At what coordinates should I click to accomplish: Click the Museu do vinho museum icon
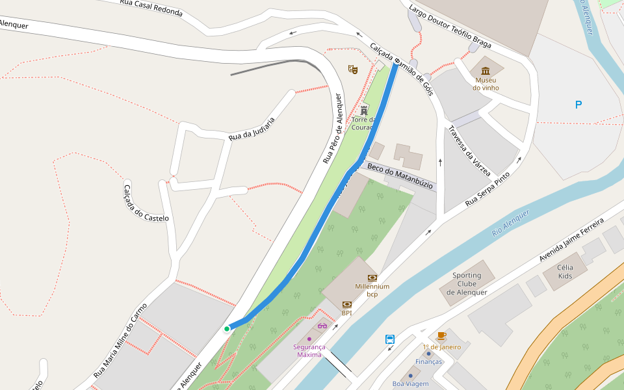[486, 70]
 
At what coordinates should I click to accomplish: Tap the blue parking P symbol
[578, 105]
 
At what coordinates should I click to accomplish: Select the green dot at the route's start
[227, 329]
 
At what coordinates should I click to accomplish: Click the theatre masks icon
[353, 68]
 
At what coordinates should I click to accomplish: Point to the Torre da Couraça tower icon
[364, 110]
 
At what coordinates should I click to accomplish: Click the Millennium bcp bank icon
[372, 278]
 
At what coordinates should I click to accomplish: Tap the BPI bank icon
[346, 304]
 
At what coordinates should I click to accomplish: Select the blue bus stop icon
[390, 339]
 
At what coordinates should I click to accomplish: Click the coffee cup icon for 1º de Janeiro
[441, 336]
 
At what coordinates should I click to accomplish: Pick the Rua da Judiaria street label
[252, 129]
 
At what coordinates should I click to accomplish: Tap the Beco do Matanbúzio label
[400, 176]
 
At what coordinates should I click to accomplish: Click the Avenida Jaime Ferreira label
[571, 240]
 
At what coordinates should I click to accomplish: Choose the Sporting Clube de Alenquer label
[467, 283]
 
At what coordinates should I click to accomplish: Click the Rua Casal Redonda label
[151, 8]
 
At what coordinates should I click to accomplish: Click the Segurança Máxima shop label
[309, 350]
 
